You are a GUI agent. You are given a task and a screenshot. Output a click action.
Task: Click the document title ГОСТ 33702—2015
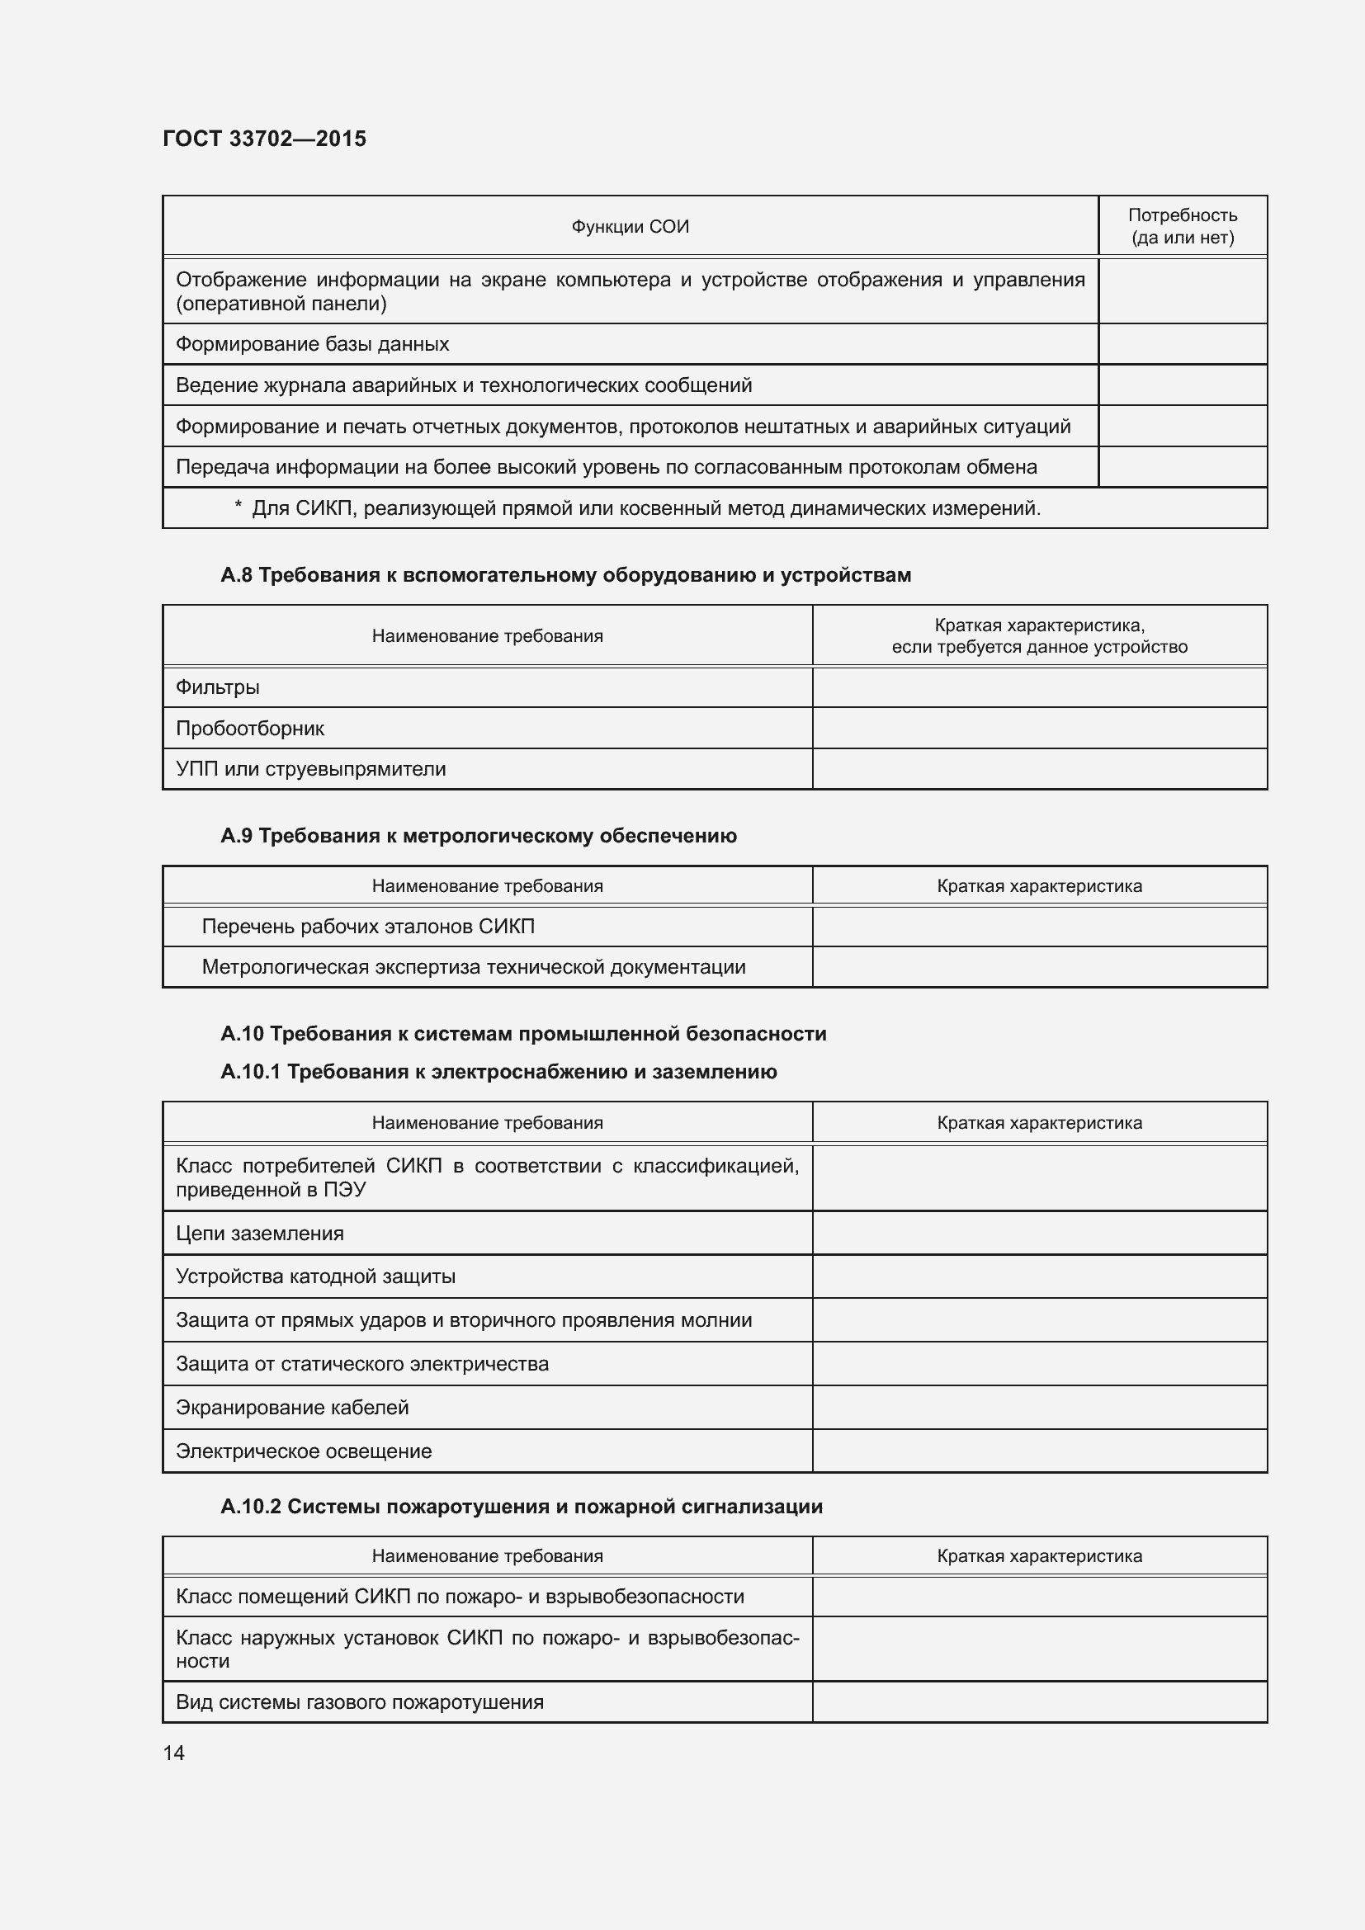tap(264, 139)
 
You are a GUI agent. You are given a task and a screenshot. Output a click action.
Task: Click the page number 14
tap(174, 1753)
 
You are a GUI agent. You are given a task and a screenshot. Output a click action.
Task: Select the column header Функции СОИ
tap(630, 227)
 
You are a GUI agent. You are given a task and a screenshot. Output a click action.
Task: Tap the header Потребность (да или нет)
tap(1182, 227)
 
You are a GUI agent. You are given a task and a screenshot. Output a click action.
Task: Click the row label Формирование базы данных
tap(312, 345)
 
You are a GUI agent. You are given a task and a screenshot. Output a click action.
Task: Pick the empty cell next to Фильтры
tap(1039, 687)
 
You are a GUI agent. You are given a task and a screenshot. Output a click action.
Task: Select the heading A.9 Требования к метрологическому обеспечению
tap(479, 836)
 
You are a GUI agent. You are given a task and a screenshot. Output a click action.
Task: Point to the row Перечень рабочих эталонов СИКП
tap(367, 927)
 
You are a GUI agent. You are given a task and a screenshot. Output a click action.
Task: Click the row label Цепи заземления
tap(260, 1233)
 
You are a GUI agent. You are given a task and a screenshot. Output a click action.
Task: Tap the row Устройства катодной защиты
tap(315, 1276)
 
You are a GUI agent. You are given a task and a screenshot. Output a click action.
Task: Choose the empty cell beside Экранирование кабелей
tap(1039, 1407)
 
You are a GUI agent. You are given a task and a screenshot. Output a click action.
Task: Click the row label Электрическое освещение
tap(304, 1451)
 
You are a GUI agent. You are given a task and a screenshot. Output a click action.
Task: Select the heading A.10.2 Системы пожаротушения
tap(521, 1507)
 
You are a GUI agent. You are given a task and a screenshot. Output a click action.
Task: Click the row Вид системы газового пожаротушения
tap(359, 1702)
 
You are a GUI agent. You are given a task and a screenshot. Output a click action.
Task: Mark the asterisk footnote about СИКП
tap(636, 508)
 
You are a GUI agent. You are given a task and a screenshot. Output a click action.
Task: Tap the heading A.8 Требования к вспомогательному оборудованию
tap(564, 575)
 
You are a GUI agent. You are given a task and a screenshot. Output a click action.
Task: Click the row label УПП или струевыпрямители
tap(310, 769)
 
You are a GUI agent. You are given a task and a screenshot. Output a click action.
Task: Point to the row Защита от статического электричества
tap(361, 1363)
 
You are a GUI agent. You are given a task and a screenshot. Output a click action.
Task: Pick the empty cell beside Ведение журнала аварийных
tap(1182, 386)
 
